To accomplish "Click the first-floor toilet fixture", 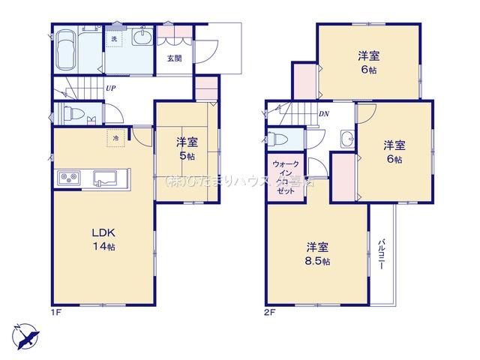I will tap(72, 114).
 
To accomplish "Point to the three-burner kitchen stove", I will tap(70, 179).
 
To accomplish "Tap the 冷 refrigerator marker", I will tap(115, 138).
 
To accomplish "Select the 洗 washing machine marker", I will tap(115, 37).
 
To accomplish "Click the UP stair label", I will tap(110, 88).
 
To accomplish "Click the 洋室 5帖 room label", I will tap(187, 148).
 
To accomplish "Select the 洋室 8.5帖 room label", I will tap(316, 253).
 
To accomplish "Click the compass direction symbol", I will tap(24, 334).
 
